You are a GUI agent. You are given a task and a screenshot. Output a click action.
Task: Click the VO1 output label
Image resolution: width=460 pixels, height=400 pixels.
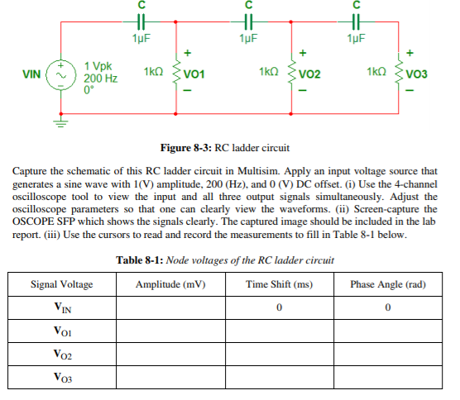(x=195, y=75)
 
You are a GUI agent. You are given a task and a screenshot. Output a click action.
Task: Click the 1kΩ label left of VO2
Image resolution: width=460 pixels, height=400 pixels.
(x=269, y=74)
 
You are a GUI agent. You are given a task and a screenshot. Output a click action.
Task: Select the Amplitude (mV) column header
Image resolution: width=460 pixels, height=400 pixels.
(x=171, y=284)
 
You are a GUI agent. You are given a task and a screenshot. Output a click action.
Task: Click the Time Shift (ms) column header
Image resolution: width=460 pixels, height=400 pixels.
(x=280, y=284)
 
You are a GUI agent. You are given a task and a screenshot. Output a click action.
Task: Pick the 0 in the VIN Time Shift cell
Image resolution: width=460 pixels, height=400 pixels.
(x=280, y=308)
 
